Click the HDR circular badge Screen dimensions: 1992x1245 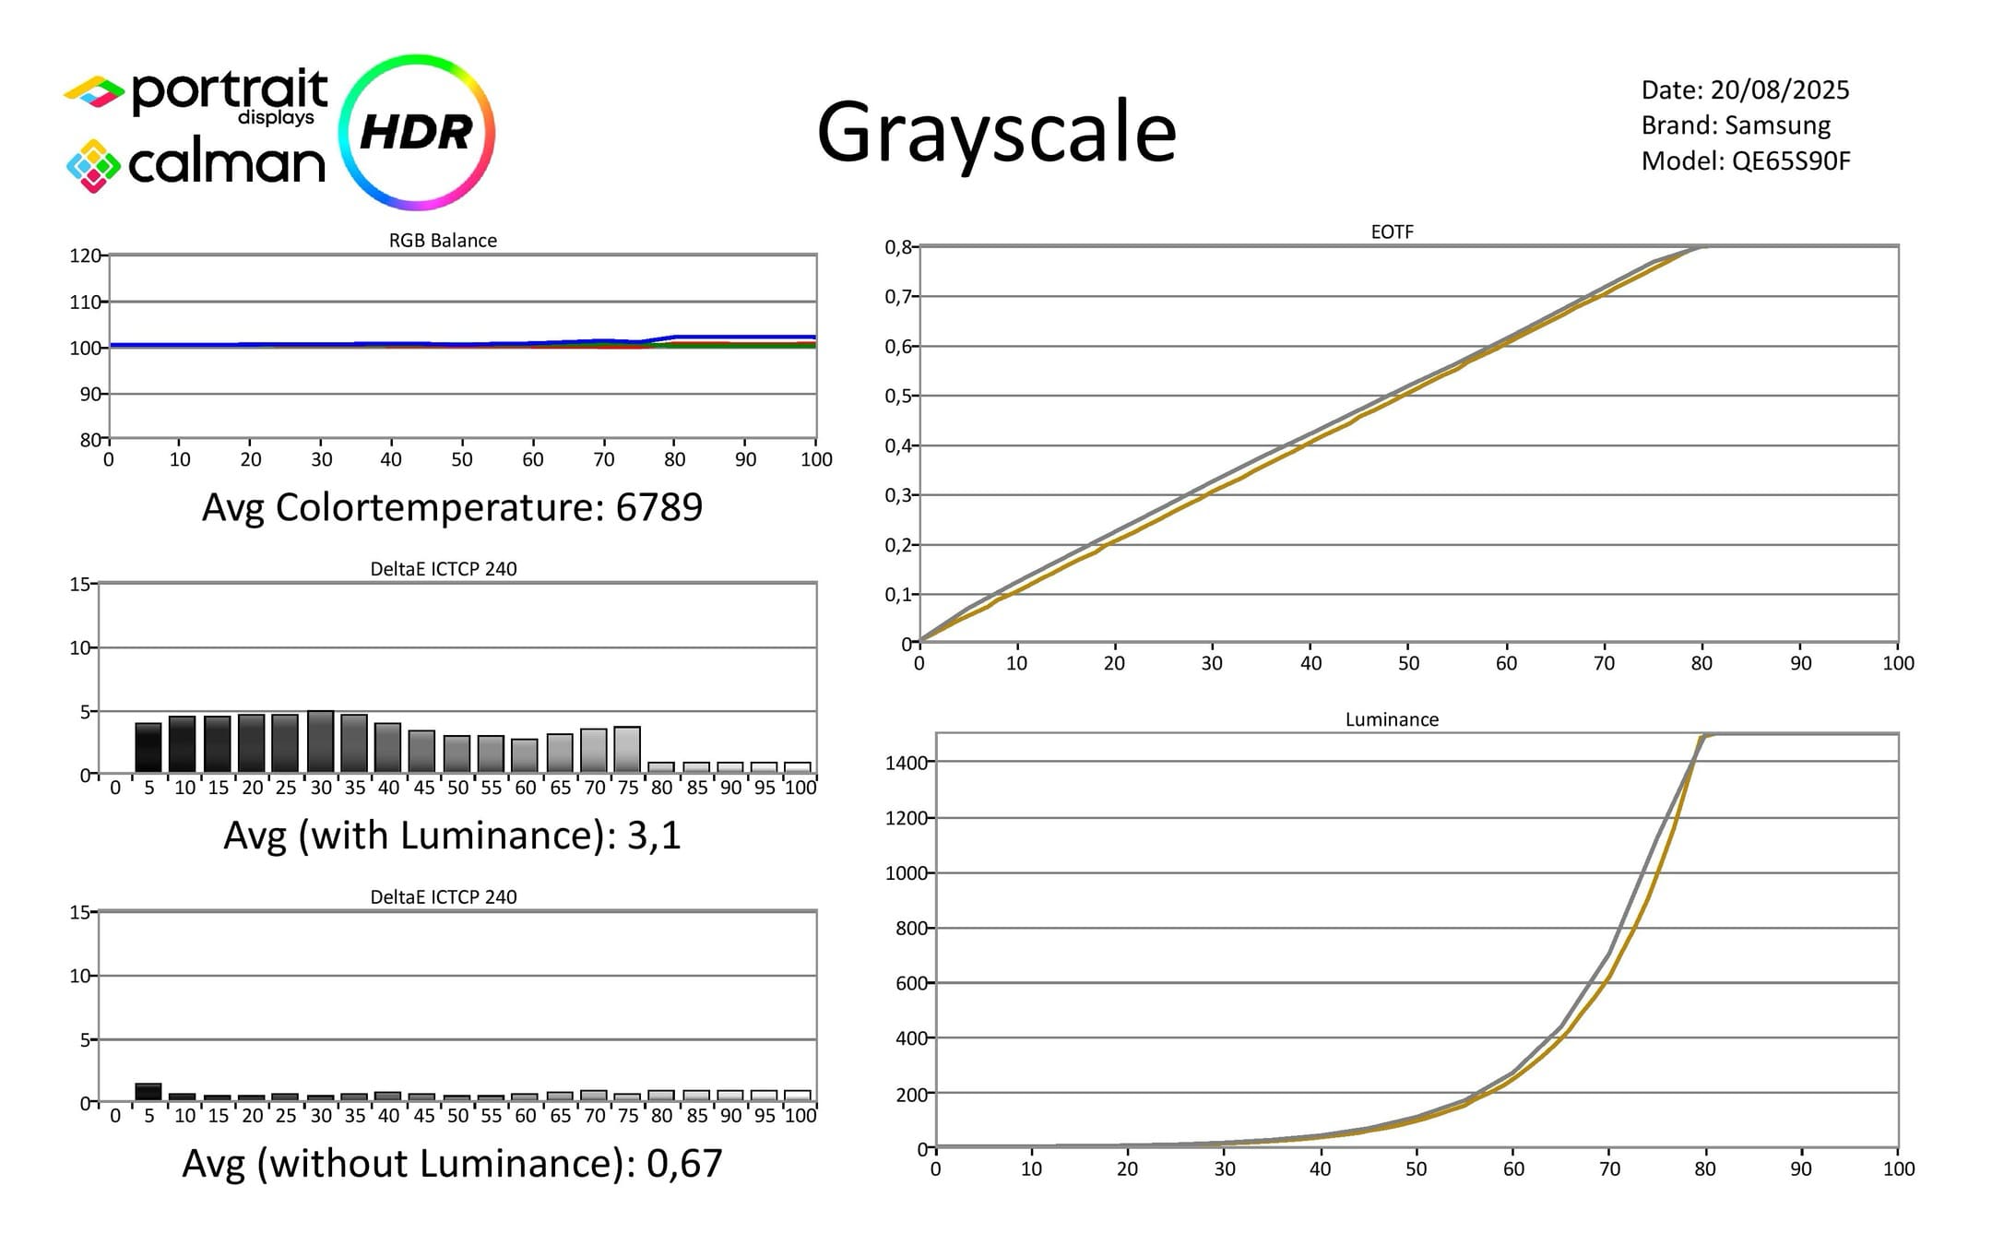coord(417,132)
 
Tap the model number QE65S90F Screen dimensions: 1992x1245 coord(1791,161)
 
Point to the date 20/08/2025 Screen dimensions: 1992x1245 coord(1780,89)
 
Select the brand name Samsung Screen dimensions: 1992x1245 coord(1777,125)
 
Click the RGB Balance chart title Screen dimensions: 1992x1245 coord(443,240)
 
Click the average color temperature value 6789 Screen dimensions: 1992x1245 coord(659,506)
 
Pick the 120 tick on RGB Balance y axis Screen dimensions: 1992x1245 coord(85,255)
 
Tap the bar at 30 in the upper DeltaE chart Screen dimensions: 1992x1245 coord(321,741)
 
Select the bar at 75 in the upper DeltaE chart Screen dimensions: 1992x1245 coord(627,750)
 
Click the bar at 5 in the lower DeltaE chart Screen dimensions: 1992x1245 coord(148,1092)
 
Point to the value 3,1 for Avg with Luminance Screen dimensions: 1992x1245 coord(654,835)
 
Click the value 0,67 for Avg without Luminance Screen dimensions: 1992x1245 coord(684,1163)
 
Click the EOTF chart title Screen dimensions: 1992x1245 coord(1392,231)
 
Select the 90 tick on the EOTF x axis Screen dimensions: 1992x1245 coord(1800,663)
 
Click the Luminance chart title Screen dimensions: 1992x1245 coord(1392,719)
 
